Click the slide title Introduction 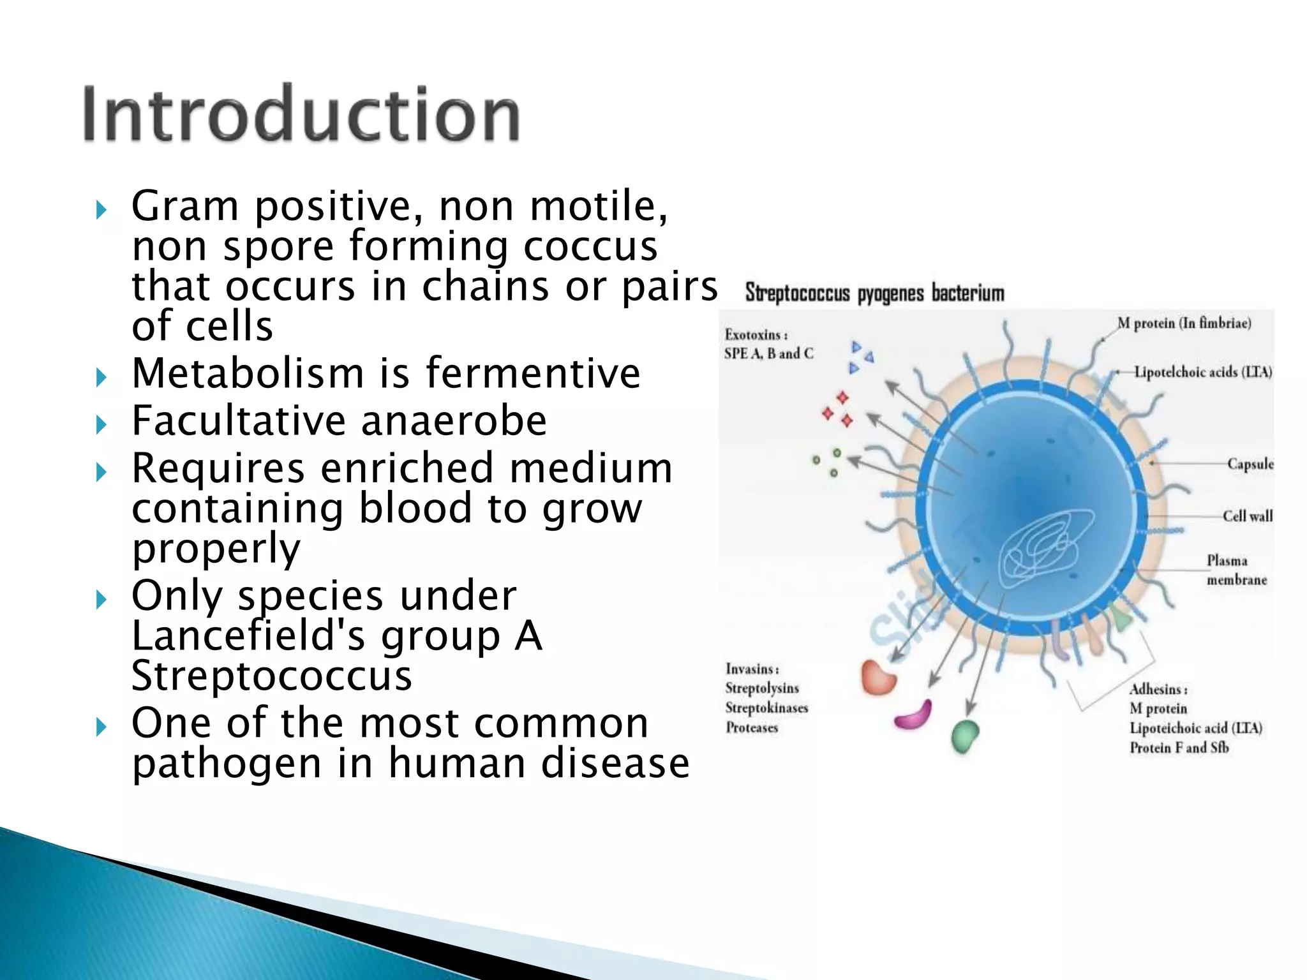click(301, 115)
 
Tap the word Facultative click(238, 421)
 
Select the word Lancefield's click(253, 636)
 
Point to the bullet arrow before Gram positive click(101, 210)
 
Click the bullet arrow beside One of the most click(101, 727)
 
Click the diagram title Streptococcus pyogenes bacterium click(874, 293)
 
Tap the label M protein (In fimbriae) click(1184, 323)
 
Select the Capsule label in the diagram click(1250, 464)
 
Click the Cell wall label click(1247, 516)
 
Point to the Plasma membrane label click(1236, 570)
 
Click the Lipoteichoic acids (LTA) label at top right click(1202, 372)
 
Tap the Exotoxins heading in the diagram click(755, 335)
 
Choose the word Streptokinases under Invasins click(766, 708)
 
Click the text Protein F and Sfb click(1179, 747)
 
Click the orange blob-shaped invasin click(878, 678)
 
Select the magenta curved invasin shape click(913, 716)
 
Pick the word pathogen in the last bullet click(227, 764)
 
